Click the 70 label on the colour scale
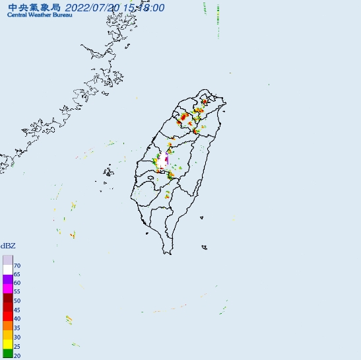pyautogui.click(x=17, y=266)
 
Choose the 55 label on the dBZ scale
pyautogui.click(x=17, y=291)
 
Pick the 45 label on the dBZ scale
pyautogui.click(x=17, y=310)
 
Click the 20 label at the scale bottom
pyautogui.click(x=17, y=355)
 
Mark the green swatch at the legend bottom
pyautogui.click(x=7, y=355)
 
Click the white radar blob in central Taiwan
pyautogui.click(x=162, y=161)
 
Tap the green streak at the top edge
pyautogui.click(x=218, y=12)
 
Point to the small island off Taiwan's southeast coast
pyautogui.click(x=205, y=248)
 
